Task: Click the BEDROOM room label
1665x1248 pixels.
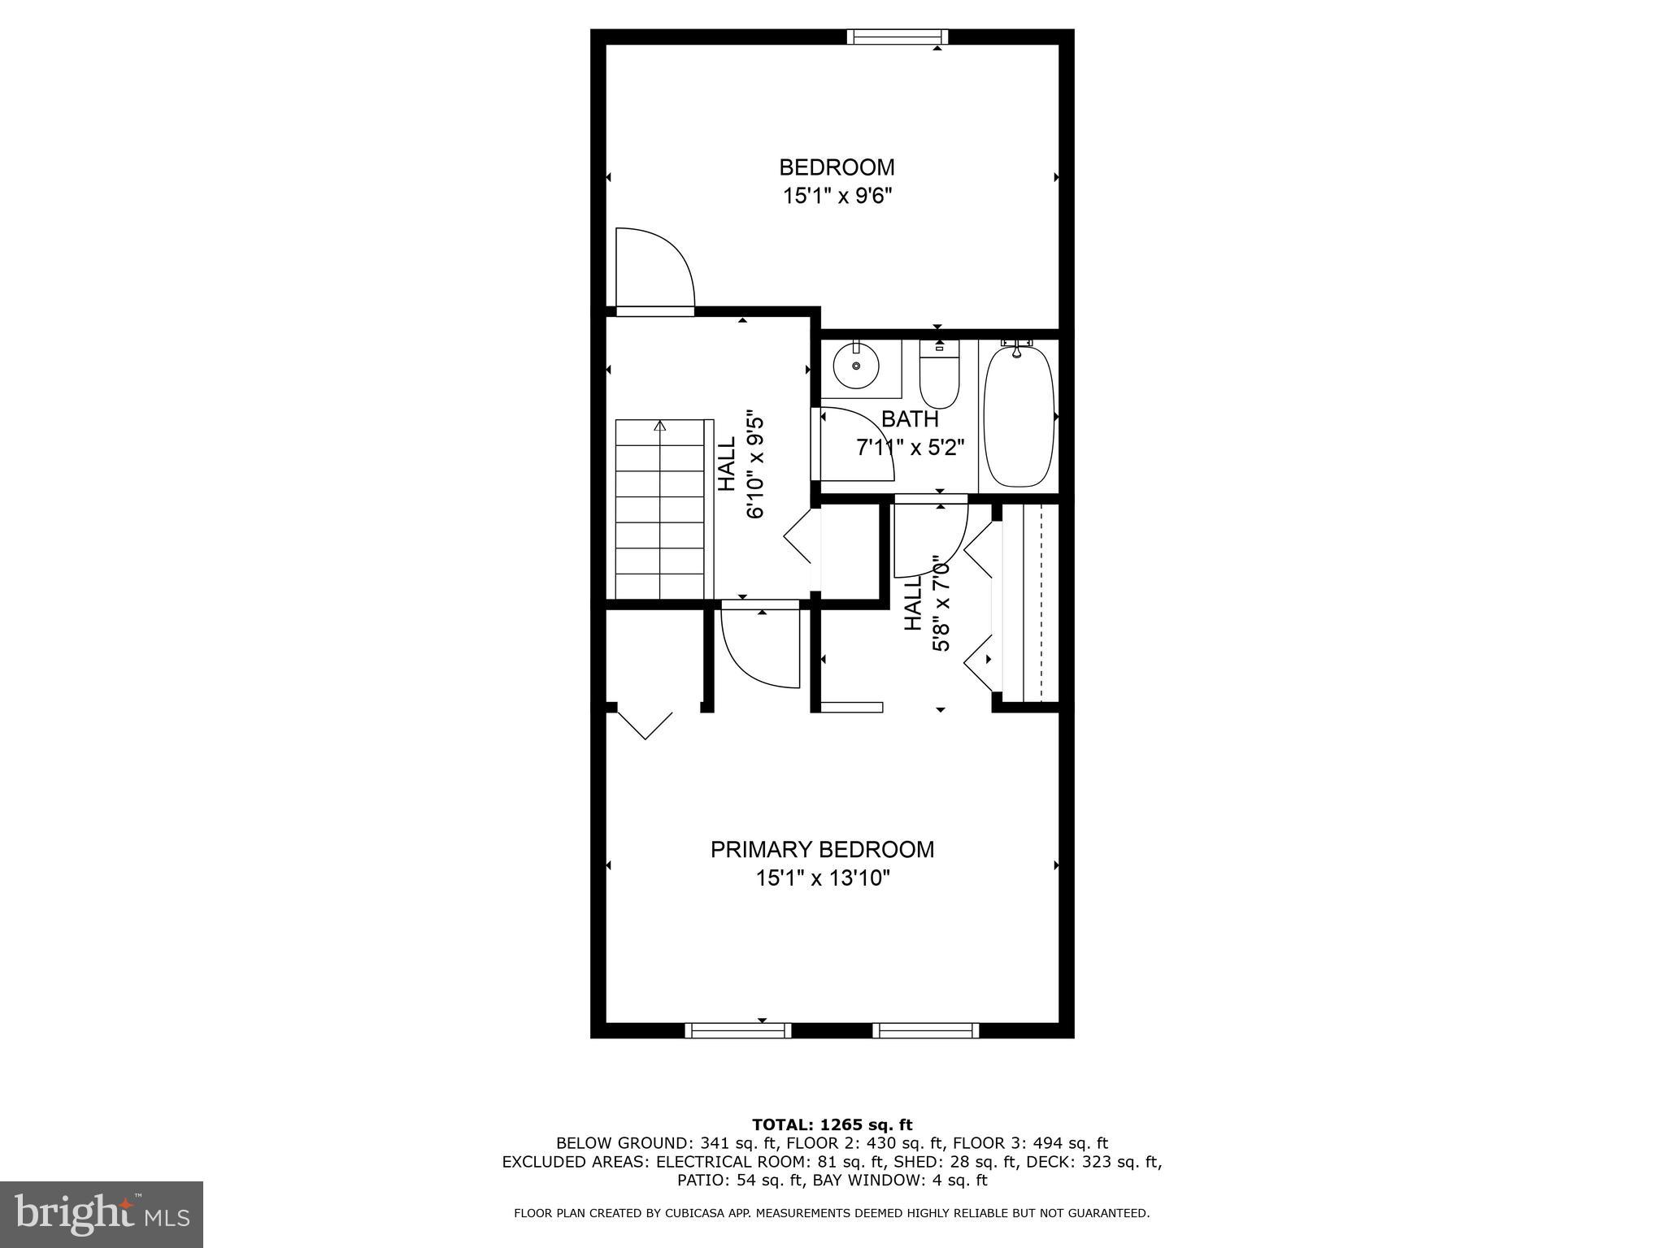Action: pyautogui.click(x=837, y=167)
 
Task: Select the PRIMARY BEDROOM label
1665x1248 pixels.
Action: pyautogui.click(x=822, y=849)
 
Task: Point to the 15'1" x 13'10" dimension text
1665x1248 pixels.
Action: pyautogui.click(x=823, y=878)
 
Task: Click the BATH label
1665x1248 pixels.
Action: pyautogui.click(x=910, y=419)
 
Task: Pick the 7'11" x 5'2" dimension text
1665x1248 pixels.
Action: pyautogui.click(x=910, y=448)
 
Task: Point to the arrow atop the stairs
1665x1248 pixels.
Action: pyautogui.click(x=660, y=426)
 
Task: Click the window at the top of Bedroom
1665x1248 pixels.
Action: pyautogui.click(x=897, y=37)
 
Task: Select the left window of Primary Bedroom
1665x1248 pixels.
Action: pyautogui.click(x=737, y=1030)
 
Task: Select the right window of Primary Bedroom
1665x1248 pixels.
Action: pyautogui.click(x=925, y=1030)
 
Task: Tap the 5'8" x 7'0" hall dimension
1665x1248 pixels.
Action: pyautogui.click(x=941, y=603)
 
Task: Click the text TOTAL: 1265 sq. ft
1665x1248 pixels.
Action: pyautogui.click(x=832, y=1124)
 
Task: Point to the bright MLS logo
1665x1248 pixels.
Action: pyautogui.click(x=102, y=1215)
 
